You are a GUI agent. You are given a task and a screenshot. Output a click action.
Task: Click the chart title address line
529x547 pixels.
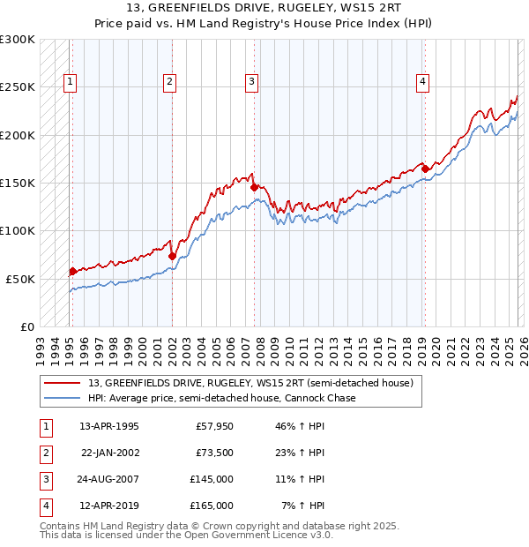coord(264,10)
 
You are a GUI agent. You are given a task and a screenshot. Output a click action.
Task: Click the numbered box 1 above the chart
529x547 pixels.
coord(71,82)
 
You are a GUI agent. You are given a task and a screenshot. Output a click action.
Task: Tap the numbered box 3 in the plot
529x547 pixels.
coord(252,82)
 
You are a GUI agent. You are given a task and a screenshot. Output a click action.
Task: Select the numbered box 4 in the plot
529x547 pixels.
coord(423,82)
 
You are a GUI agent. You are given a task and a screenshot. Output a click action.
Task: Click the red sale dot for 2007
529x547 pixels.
coord(254,187)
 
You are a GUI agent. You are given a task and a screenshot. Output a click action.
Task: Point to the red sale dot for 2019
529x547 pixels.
coord(425,169)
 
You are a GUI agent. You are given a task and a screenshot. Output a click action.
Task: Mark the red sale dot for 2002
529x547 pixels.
coord(172,256)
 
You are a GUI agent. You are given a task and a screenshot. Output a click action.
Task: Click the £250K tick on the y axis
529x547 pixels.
coord(18,87)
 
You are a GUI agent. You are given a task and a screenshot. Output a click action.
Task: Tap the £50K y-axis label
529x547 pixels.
coord(20,279)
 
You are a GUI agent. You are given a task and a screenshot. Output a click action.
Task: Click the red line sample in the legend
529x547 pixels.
coord(63,383)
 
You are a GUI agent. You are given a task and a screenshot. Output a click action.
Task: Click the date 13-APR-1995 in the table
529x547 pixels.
coord(108,426)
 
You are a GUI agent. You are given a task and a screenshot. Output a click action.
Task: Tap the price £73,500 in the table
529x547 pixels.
coord(214,453)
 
